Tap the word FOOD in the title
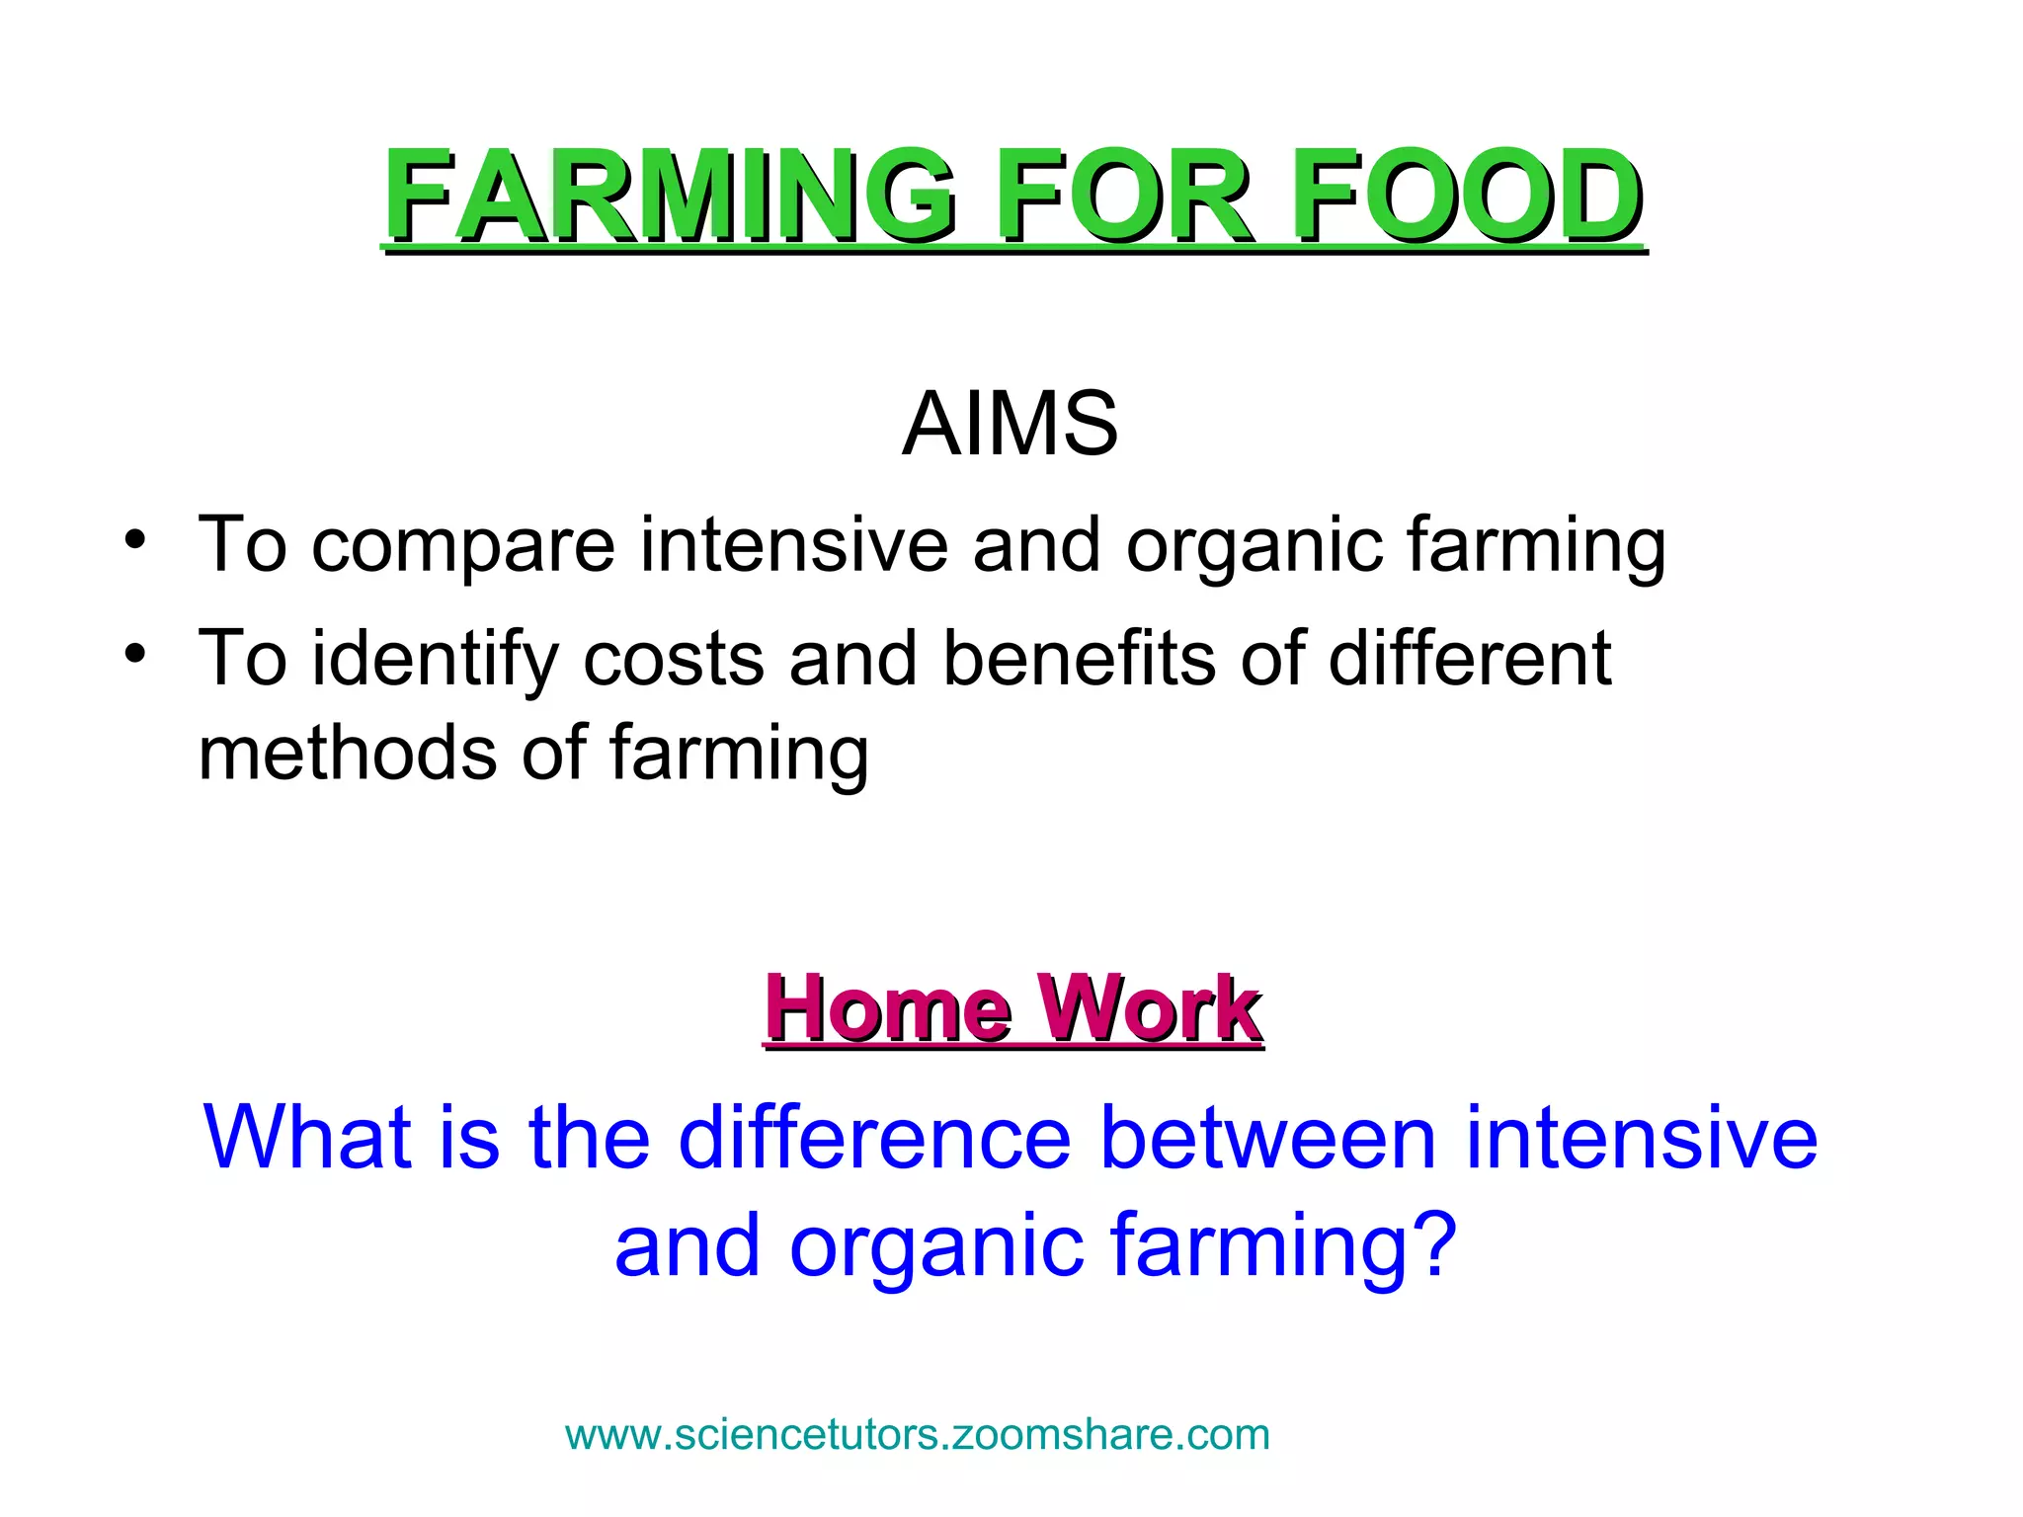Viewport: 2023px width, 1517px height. tap(1466, 196)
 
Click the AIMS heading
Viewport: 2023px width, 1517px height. tap(1010, 425)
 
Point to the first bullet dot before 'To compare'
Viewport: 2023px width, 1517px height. tap(135, 541)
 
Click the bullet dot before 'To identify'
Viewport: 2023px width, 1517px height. tap(135, 655)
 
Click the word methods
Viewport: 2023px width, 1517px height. tap(346, 753)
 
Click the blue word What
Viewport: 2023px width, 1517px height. tap(306, 1138)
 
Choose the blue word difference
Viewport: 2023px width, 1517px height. tap(875, 1138)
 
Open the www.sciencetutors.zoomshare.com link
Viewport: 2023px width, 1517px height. tap(917, 1435)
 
